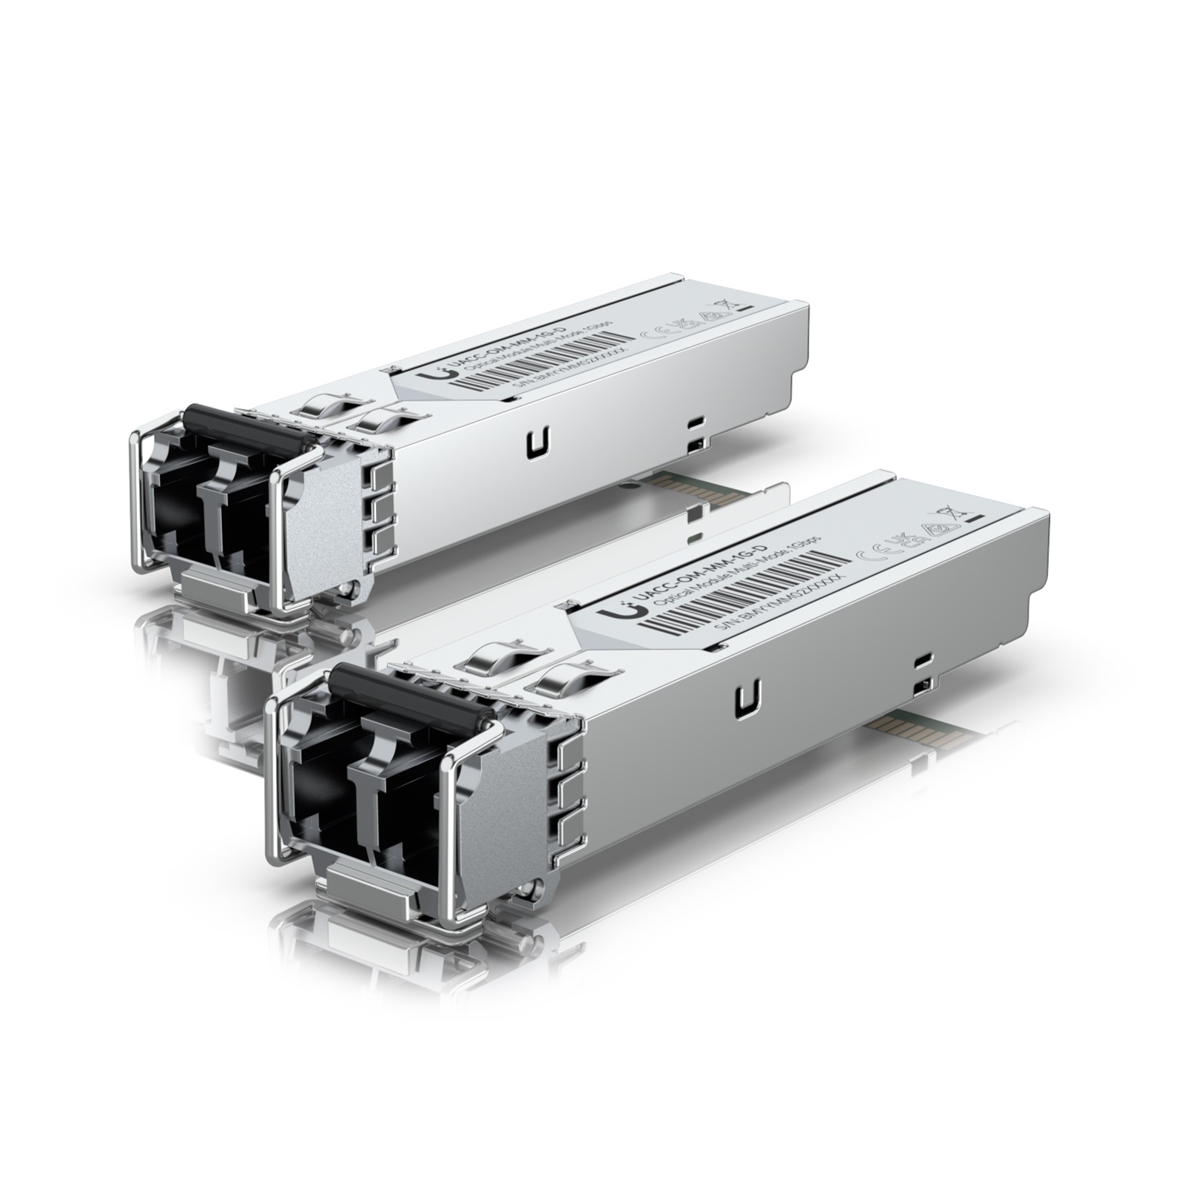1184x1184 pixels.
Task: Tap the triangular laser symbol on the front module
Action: click(935, 528)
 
